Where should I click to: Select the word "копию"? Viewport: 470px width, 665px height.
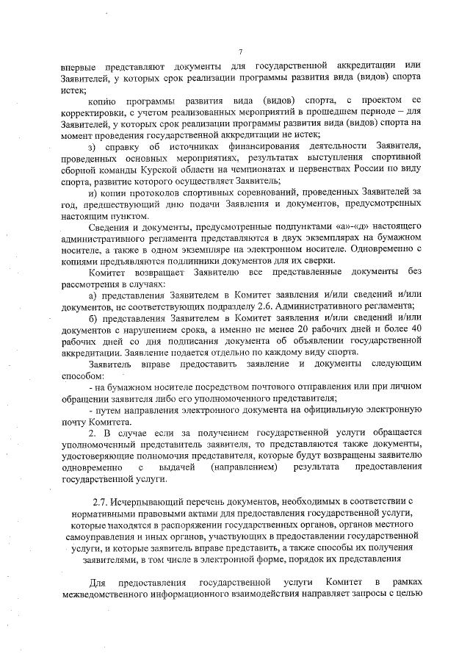coord(104,99)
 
